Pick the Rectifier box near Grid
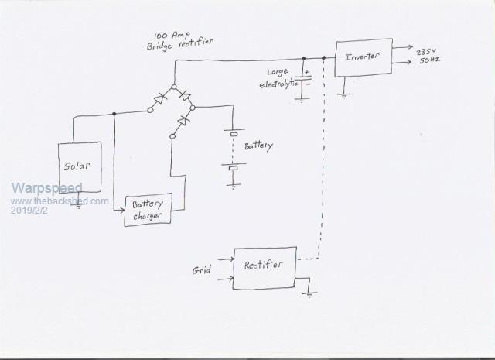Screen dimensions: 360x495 [x=263, y=267]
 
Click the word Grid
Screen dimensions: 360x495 [x=202, y=270]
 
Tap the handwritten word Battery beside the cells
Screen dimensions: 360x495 [x=258, y=146]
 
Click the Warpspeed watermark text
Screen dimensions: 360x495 [x=46, y=189]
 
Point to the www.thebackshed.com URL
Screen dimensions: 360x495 [x=60, y=201]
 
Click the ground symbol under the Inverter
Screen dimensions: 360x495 [x=342, y=94]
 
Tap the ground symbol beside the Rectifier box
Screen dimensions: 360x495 [x=309, y=293]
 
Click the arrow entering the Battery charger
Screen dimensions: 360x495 [x=121, y=209]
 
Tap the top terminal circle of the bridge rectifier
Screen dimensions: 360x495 [x=173, y=87]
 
